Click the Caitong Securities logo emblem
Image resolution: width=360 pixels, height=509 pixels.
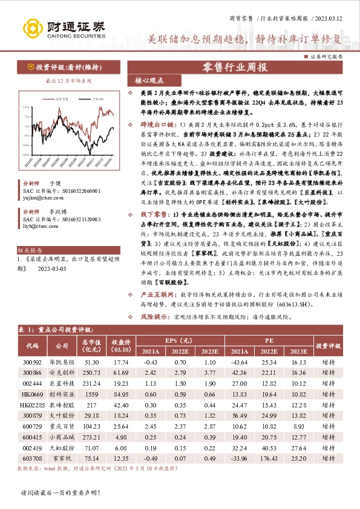(x=30, y=28)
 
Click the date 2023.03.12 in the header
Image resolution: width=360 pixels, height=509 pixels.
(x=331, y=19)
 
